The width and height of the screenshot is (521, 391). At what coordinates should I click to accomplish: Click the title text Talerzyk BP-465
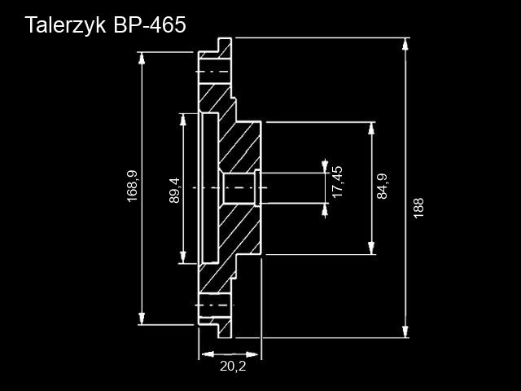(105, 25)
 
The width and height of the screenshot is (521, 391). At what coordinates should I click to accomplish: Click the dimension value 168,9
(132, 186)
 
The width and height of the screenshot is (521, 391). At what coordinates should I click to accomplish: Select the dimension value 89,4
(174, 191)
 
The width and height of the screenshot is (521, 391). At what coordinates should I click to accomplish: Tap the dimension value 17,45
(337, 182)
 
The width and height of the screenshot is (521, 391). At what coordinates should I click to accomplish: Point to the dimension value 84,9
(382, 187)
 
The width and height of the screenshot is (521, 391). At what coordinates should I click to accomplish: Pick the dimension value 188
(418, 209)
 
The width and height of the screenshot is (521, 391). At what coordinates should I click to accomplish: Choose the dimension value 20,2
(233, 366)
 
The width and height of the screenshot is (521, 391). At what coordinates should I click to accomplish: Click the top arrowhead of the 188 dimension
(405, 44)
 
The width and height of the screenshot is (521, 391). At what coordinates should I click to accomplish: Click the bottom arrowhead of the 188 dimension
(405, 332)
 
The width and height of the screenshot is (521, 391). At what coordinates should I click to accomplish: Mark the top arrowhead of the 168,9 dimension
(142, 59)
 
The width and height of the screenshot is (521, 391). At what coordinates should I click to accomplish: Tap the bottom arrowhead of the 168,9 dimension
(142, 319)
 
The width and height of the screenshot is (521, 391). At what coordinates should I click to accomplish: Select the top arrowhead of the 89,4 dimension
(182, 120)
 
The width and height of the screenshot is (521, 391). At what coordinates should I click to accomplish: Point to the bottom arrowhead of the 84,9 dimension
(371, 248)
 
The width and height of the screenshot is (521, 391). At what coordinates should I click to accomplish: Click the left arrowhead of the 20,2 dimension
(208, 354)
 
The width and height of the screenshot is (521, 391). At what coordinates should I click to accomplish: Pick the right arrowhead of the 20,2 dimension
(252, 354)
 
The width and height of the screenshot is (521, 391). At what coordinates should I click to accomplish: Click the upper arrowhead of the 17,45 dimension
(325, 166)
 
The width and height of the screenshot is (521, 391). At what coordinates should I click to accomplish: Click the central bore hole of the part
(239, 188)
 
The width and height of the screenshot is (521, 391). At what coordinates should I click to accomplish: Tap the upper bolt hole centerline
(212, 72)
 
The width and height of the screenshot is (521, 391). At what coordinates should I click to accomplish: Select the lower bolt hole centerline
(214, 305)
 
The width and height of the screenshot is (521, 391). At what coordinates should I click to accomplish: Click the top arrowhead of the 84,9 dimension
(371, 129)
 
